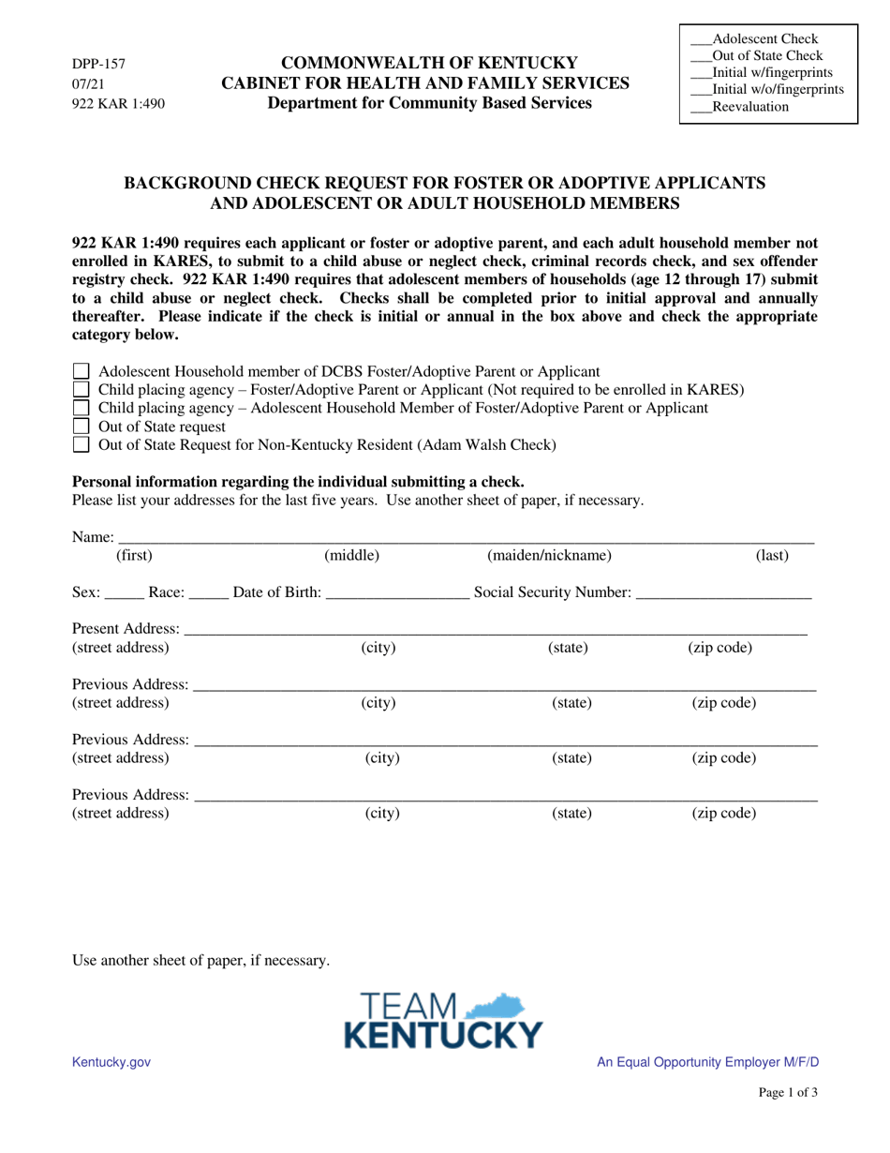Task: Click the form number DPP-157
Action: tap(98, 65)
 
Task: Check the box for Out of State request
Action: tap(82, 427)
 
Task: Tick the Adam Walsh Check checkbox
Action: tap(82, 445)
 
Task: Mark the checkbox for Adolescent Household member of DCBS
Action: tap(82, 372)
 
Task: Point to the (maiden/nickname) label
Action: tap(550, 556)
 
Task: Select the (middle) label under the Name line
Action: tap(351, 556)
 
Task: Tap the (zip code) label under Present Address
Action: tap(720, 648)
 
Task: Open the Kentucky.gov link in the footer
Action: tap(111, 1062)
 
